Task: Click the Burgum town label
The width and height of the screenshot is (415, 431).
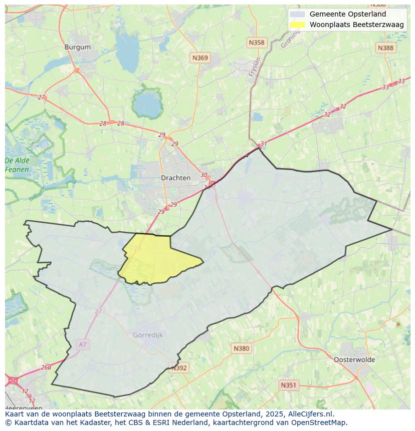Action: [78, 47]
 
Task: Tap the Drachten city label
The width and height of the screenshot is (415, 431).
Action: [175, 178]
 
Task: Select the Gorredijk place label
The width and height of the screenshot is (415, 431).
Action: [148, 335]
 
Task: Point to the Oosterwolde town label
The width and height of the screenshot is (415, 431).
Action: [354, 359]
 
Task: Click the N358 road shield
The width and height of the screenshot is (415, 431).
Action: [256, 43]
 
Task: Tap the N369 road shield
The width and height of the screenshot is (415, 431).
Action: [200, 58]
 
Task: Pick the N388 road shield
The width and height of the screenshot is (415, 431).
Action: [385, 48]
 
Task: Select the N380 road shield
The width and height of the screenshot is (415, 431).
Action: [241, 348]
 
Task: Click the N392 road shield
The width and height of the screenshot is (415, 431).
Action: [179, 368]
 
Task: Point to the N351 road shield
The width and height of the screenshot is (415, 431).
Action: [288, 385]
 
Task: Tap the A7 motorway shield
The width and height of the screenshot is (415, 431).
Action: [83, 344]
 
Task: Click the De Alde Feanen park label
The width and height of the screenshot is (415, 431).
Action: [17, 165]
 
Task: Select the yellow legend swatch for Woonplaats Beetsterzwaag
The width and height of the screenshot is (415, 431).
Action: [297, 25]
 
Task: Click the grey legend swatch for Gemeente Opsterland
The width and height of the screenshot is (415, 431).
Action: [297, 14]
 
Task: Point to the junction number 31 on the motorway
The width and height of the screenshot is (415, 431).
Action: [264, 144]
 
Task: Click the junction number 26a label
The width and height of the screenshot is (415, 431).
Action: [46, 367]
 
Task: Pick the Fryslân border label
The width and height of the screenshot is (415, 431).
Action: [255, 67]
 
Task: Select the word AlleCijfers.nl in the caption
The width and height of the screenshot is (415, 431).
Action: [309, 414]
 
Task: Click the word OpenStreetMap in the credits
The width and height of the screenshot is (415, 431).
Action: [320, 422]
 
